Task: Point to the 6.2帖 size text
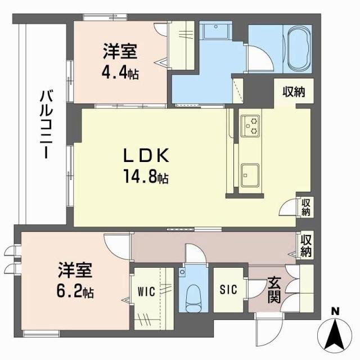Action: coord(75,292)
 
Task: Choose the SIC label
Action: coord(229,290)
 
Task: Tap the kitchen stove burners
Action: coord(249,126)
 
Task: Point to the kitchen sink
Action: coord(250,174)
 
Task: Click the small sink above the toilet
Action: coord(182,272)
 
